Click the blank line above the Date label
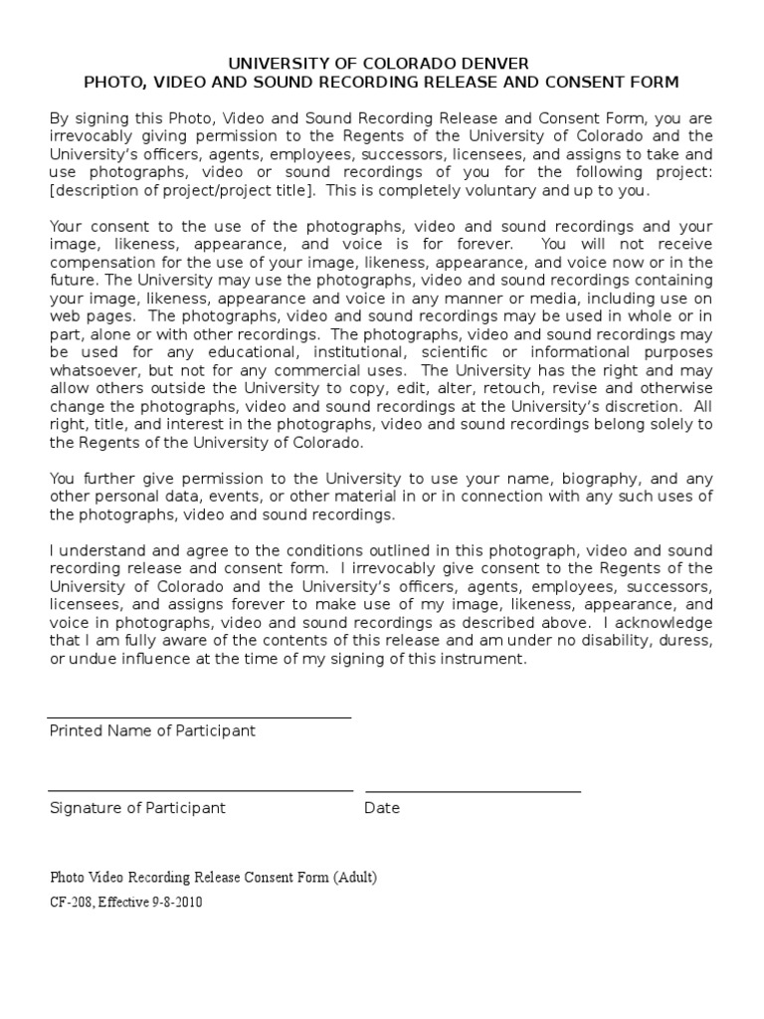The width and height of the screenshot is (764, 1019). [x=473, y=791]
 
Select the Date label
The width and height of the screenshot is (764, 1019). [x=382, y=808]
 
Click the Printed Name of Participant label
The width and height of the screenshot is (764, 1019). [x=152, y=730]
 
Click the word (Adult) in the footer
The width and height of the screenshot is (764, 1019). [x=355, y=878]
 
